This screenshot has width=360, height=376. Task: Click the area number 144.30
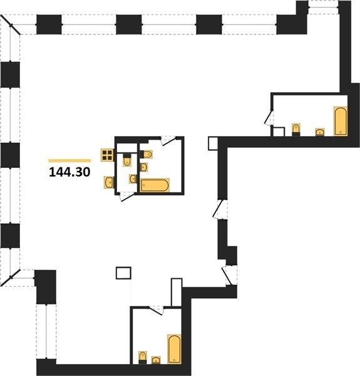[x=69, y=172]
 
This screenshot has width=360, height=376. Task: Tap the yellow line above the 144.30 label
[x=69, y=160]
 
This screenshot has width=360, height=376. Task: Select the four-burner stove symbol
[x=107, y=155]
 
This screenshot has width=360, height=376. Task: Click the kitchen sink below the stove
[x=109, y=182]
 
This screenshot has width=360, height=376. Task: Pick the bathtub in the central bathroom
[x=155, y=185]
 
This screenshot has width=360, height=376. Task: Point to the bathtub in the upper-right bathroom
[x=341, y=122]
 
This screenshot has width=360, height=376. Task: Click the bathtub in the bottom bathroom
[x=174, y=349]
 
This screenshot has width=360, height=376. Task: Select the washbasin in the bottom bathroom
[x=156, y=360]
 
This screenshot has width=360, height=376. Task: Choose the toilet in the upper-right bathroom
[x=296, y=130]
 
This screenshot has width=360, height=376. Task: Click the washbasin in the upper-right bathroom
[x=320, y=132]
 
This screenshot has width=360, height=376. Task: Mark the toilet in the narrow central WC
[x=127, y=160]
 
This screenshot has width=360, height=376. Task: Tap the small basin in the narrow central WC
[x=133, y=179]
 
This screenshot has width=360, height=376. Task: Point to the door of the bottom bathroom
[x=156, y=310]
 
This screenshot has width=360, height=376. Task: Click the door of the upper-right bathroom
[x=269, y=118]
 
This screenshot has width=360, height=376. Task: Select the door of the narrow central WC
[x=127, y=196]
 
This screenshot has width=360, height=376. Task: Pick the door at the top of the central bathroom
[x=168, y=140]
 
